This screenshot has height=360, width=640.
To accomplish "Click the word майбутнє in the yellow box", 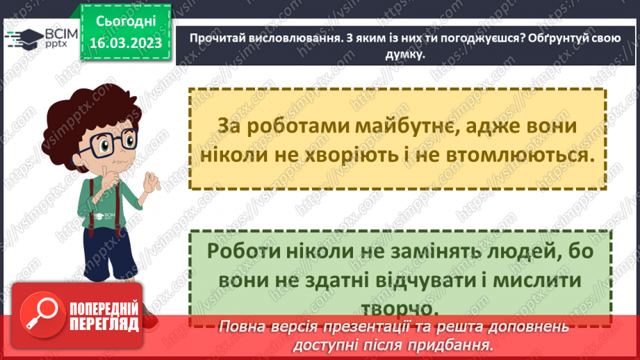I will coord(377,126).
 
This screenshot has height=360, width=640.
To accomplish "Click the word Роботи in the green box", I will coord(243,252).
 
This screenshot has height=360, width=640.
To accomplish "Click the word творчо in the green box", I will coord(394,307).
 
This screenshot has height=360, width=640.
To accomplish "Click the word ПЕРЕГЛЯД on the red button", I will coord(104,323).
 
